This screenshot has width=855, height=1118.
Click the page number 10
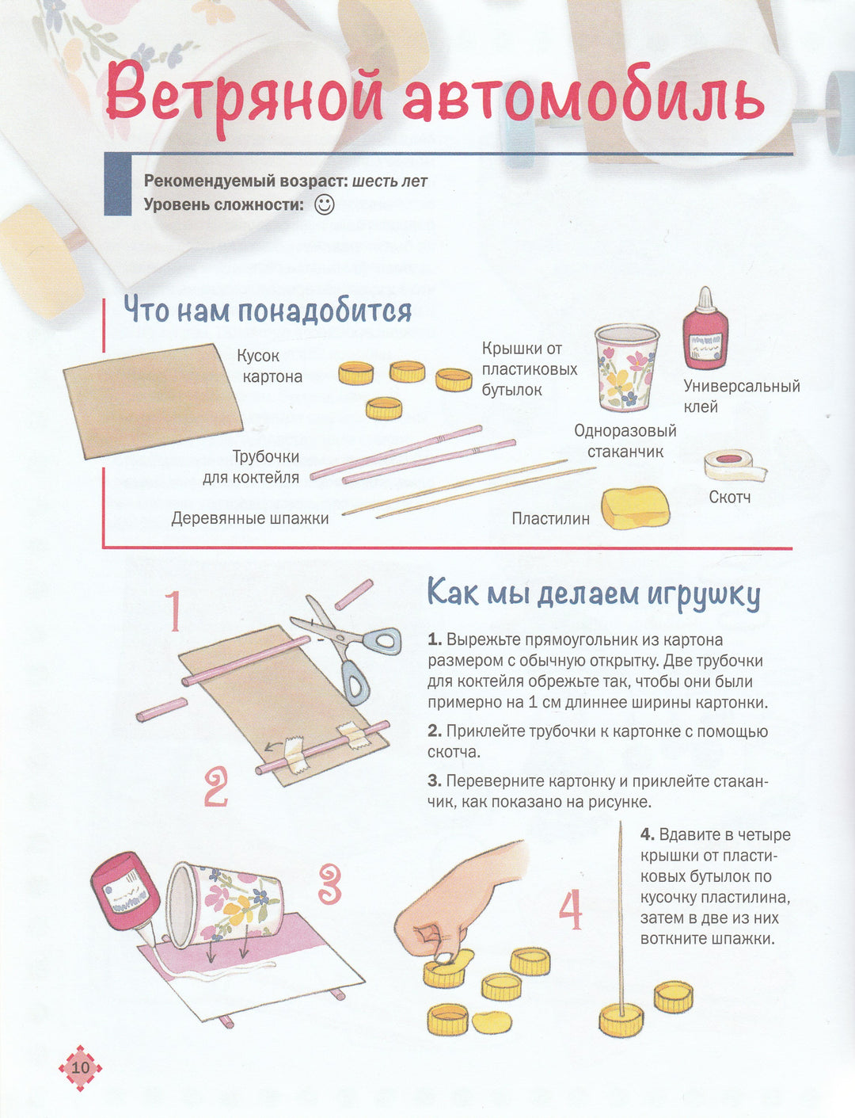pyautogui.click(x=80, y=1066)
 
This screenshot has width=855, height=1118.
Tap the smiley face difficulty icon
pyautogui.click(x=325, y=204)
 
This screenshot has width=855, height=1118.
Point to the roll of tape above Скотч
pyautogui.click(x=735, y=465)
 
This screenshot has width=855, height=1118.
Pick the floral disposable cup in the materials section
pyautogui.click(x=626, y=368)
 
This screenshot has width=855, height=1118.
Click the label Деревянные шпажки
pyautogui.click(x=250, y=518)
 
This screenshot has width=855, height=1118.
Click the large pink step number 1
pyautogui.click(x=173, y=611)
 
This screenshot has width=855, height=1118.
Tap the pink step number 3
pyautogui.click(x=330, y=884)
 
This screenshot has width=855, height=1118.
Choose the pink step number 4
pyautogui.click(x=570, y=910)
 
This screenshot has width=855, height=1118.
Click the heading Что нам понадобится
pyautogui.click(x=268, y=311)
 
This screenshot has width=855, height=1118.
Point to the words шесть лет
pyautogui.click(x=389, y=181)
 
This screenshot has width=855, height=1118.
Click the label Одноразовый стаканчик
pyautogui.click(x=625, y=441)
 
